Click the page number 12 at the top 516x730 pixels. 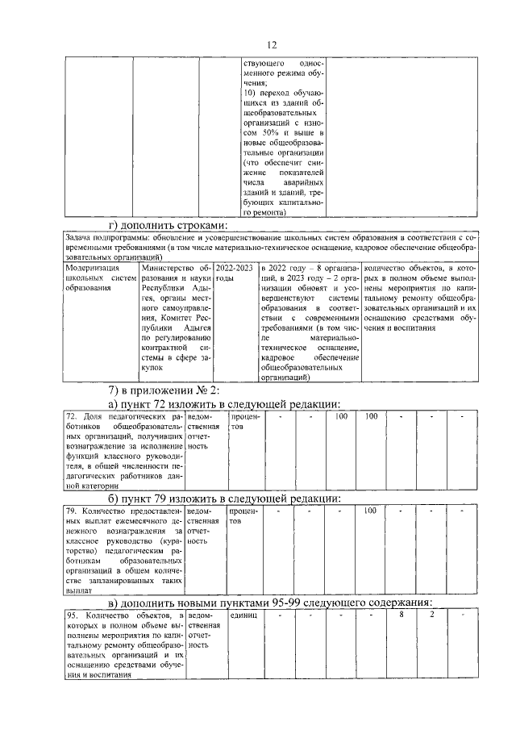(272, 44)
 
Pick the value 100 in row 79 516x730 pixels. (370, 511)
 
